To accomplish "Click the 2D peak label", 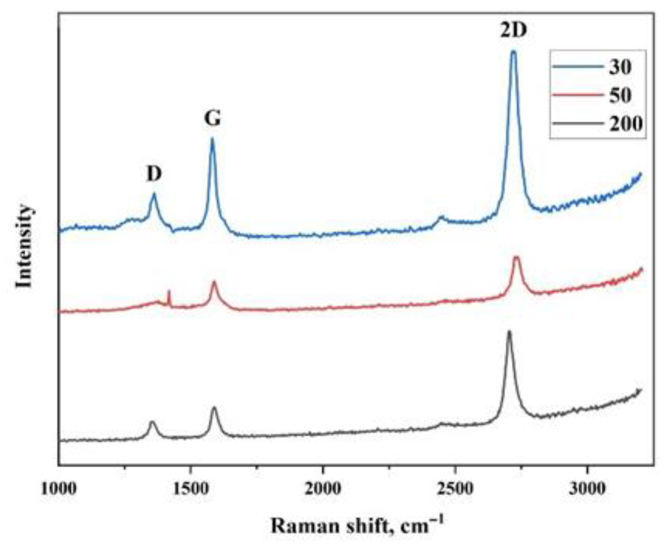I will [x=513, y=30].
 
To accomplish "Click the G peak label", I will [x=212, y=119].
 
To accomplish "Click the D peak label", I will [x=154, y=174].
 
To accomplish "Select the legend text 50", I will [x=620, y=95].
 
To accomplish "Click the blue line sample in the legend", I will [x=578, y=67].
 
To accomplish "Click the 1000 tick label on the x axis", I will [x=59, y=489].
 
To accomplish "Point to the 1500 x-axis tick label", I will [x=191, y=489].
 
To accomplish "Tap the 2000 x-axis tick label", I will [x=323, y=489].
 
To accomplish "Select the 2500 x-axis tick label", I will [x=456, y=489].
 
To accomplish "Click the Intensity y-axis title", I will [x=24, y=246].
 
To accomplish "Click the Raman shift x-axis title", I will [x=356, y=526].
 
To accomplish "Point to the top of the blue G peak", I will [x=212, y=139].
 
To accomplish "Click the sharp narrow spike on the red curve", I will [x=169, y=290].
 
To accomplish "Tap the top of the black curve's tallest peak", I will [x=509, y=331].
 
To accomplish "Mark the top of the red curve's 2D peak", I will [x=516, y=257].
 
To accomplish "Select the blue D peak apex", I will [x=154, y=194].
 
